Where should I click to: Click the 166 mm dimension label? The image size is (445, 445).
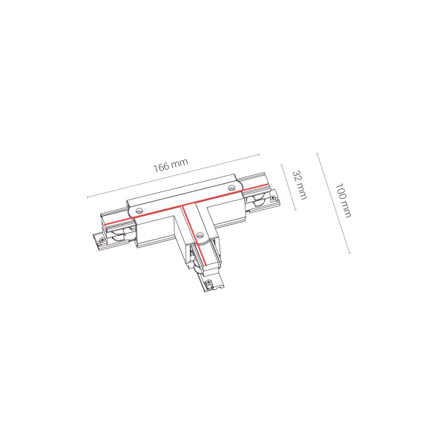click(171, 165)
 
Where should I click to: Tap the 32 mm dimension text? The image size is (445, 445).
click(300, 185)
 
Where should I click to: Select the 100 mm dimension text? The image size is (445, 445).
click(343, 200)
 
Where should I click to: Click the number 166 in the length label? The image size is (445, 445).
click(161, 168)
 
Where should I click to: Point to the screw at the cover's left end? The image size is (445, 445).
click(139, 211)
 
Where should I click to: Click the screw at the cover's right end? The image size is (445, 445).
click(232, 188)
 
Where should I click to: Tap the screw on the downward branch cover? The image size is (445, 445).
click(200, 234)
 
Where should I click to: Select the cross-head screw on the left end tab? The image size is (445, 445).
click(102, 240)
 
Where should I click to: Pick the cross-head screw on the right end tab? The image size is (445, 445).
click(274, 197)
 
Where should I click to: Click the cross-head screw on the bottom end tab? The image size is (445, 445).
click(209, 282)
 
